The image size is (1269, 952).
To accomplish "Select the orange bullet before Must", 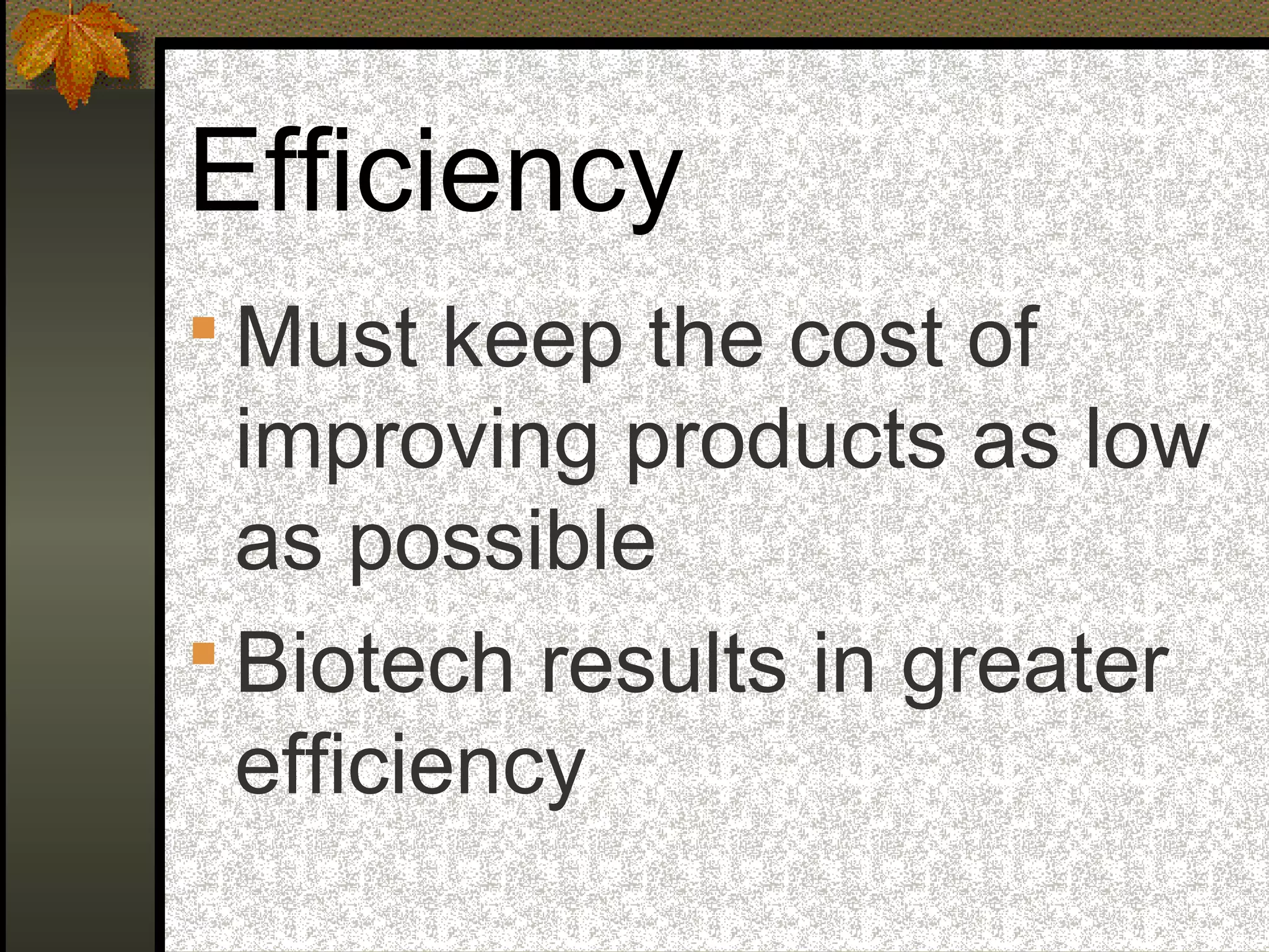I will (x=203, y=328).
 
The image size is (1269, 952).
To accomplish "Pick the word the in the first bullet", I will (x=705, y=338).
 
